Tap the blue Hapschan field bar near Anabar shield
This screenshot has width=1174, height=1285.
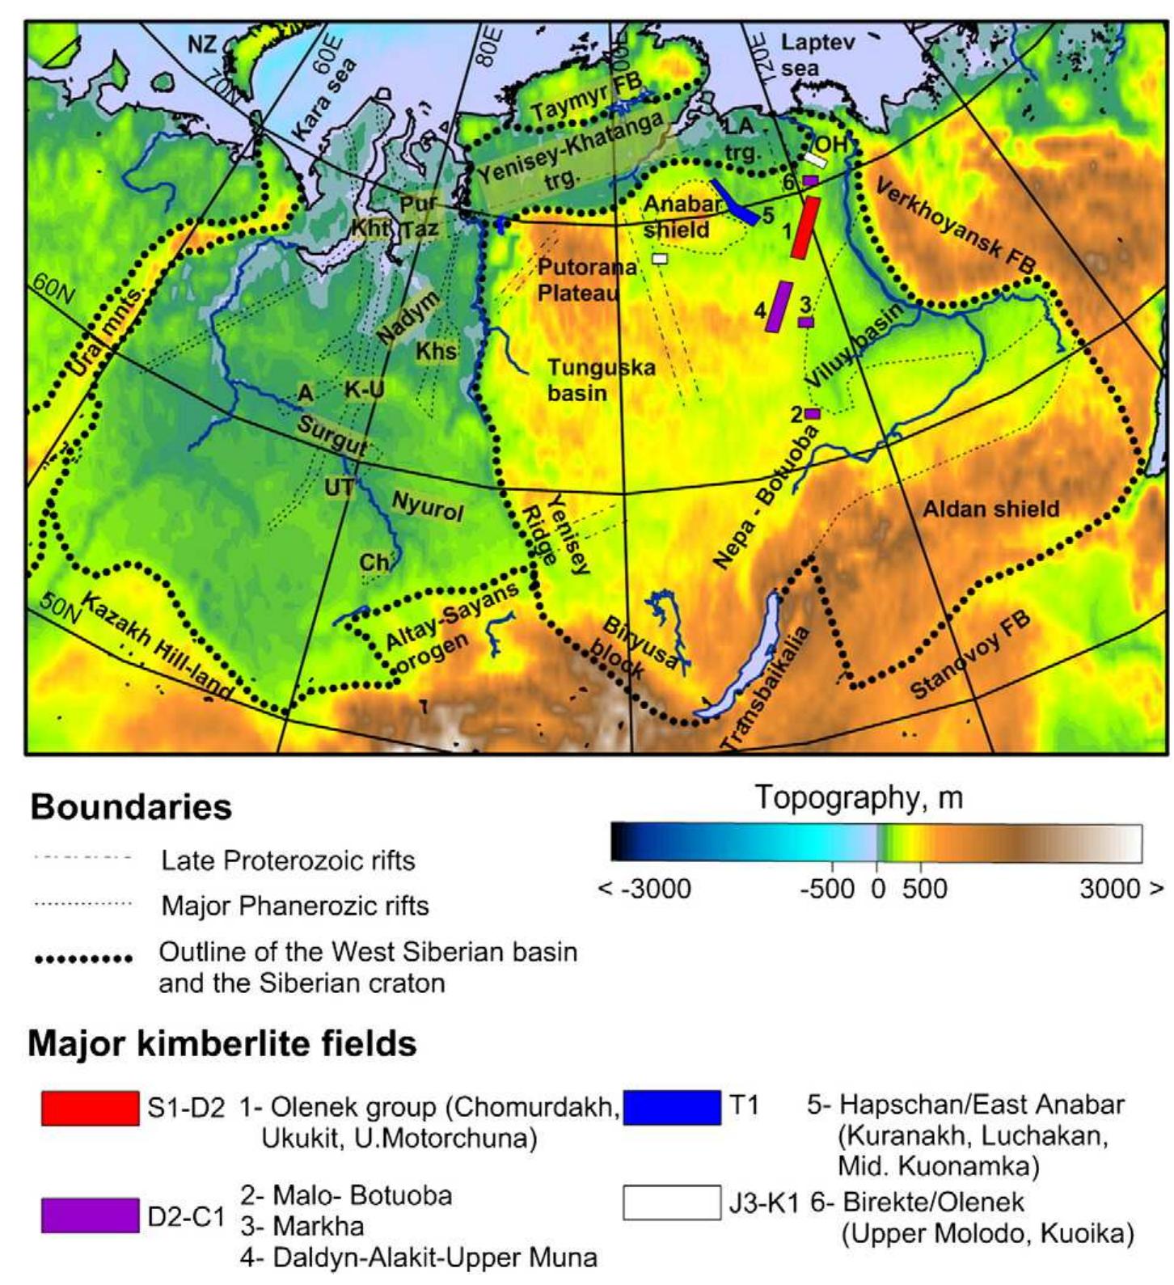[735, 202]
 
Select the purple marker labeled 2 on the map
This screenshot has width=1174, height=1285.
[813, 413]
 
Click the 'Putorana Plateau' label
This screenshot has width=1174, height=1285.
[577, 280]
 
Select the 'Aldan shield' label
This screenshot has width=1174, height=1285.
[990, 509]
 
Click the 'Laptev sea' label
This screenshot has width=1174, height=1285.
[817, 54]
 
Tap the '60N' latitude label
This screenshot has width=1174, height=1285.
[53, 290]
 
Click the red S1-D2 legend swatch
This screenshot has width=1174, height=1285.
[90, 1108]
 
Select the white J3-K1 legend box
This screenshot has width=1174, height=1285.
[671, 1203]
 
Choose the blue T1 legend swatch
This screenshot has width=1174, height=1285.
[671, 1108]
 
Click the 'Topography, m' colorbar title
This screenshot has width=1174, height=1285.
[859, 798]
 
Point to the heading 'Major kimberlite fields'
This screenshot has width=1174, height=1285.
[222, 1044]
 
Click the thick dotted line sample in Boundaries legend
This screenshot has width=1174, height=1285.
[84, 960]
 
